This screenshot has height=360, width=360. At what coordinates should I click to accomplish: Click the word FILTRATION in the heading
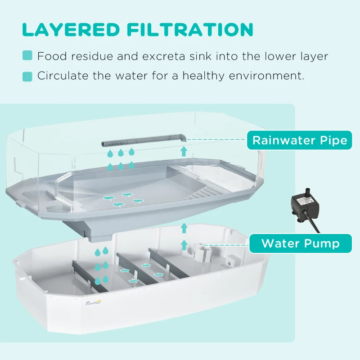(189, 29)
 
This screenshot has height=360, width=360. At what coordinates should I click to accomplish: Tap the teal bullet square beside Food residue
(27, 56)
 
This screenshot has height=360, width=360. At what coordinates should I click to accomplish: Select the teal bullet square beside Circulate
(27, 76)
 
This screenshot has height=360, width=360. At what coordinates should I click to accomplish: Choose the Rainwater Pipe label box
(300, 140)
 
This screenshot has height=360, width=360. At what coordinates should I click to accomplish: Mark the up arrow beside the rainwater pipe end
(184, 151)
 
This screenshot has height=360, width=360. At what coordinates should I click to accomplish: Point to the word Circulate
(63, 75)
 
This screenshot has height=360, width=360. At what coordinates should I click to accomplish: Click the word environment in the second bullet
(265, 75)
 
